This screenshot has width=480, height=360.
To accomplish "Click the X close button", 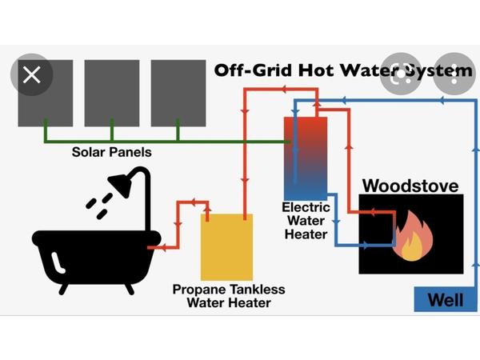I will point(31,75).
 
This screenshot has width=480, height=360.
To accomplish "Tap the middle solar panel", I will point(111,92).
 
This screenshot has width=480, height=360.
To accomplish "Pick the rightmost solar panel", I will point(178,92).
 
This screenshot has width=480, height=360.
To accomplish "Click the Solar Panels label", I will point(111,152).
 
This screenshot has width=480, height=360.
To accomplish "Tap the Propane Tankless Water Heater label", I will point(229,295).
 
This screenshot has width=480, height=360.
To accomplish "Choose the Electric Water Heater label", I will point(306,220).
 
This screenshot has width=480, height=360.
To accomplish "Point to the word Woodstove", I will point(410,186).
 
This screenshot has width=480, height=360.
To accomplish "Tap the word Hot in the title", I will point(313,71).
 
